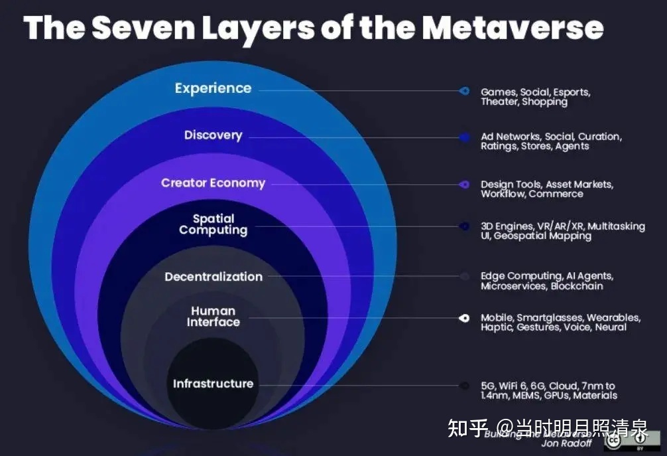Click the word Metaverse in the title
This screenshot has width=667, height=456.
tap(513, 27)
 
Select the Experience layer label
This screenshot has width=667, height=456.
tap(213, 88)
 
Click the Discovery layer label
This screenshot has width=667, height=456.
tap(213, 135)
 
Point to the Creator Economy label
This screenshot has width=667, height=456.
tap(213, 183)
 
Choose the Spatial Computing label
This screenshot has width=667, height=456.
tap(213, 224)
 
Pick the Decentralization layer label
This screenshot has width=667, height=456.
tap(213, 277)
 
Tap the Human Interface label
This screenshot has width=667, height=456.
tap(213, 316)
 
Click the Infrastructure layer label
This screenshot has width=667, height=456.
tap(213, 384)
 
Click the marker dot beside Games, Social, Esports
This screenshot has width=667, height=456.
tap(465, 91)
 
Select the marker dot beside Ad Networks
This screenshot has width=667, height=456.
tap(465, 137)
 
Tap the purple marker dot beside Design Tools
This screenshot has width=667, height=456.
tap(465, 185)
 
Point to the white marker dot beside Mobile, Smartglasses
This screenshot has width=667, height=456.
tap(465, 318)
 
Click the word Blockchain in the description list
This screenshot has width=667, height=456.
tap(577, 286)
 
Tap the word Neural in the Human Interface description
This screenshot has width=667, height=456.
tap(610, 327)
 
